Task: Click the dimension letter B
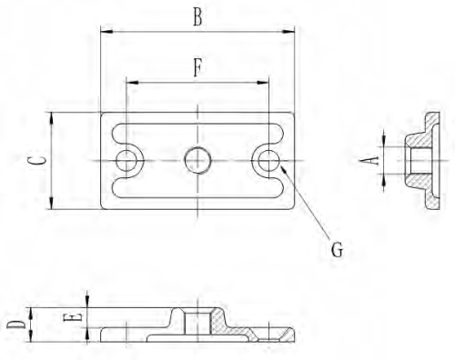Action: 197,16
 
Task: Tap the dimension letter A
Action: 370,161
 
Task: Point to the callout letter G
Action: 336,248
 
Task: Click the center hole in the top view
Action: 197,161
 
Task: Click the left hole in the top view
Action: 126,161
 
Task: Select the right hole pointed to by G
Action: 268,161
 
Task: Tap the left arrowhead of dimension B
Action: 104,34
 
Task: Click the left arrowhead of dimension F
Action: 130,82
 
